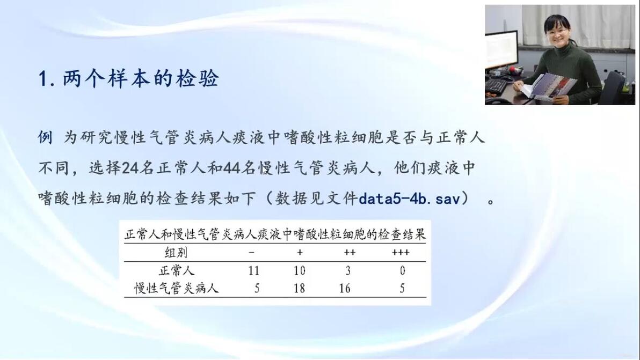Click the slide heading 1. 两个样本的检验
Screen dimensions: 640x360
128,78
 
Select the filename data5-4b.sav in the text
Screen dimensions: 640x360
409,199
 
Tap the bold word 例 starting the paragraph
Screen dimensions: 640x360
45,137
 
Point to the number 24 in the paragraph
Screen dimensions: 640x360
130,168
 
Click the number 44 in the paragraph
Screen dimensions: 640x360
231,168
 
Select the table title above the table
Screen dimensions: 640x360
275,234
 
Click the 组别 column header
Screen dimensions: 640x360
176,253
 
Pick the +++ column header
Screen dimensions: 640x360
401,252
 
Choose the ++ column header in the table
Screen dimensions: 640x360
350,252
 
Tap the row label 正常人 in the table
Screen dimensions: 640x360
176,271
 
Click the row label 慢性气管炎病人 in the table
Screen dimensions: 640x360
176,288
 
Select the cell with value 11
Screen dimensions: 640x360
253,271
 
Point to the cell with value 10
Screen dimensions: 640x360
299,271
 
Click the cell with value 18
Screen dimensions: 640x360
299,288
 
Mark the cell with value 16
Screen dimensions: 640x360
345,288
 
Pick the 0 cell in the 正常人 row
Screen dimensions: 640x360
403,271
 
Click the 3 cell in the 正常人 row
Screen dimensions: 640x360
348,271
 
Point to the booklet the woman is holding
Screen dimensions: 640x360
548,86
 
